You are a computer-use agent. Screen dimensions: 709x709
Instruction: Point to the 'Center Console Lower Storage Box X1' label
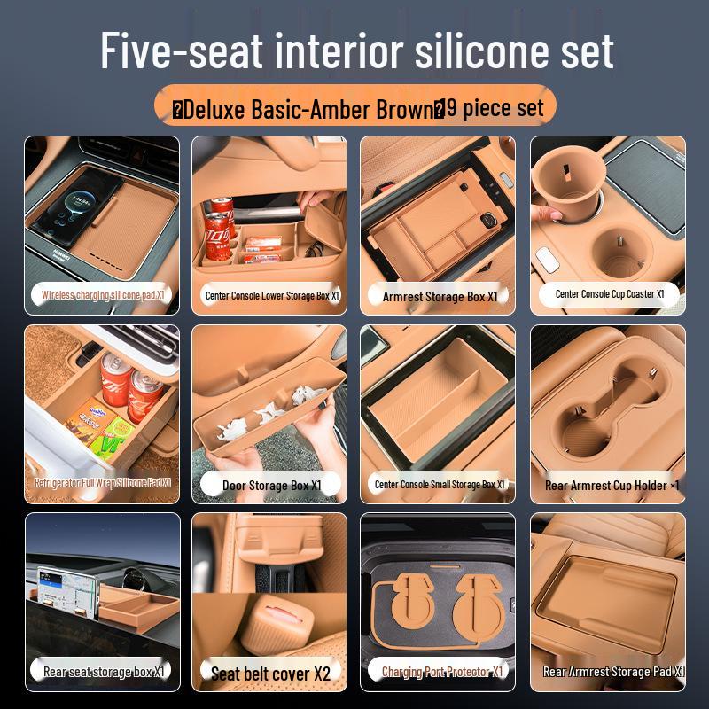click(272, 295)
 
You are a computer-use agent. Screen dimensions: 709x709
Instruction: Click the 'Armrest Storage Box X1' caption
click(440, 296)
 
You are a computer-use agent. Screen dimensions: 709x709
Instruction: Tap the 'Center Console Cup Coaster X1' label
click(609, 294)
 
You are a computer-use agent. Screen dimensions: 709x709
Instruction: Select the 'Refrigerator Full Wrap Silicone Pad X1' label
click(102, 483)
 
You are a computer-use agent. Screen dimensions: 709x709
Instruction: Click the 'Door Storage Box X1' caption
click(272, 485)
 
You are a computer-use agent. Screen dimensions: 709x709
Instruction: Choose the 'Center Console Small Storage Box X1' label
click(440, 484)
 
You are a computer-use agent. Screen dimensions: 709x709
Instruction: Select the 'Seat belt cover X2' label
click(270, 674)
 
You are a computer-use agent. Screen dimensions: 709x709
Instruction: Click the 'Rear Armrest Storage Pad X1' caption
click(612, 672)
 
